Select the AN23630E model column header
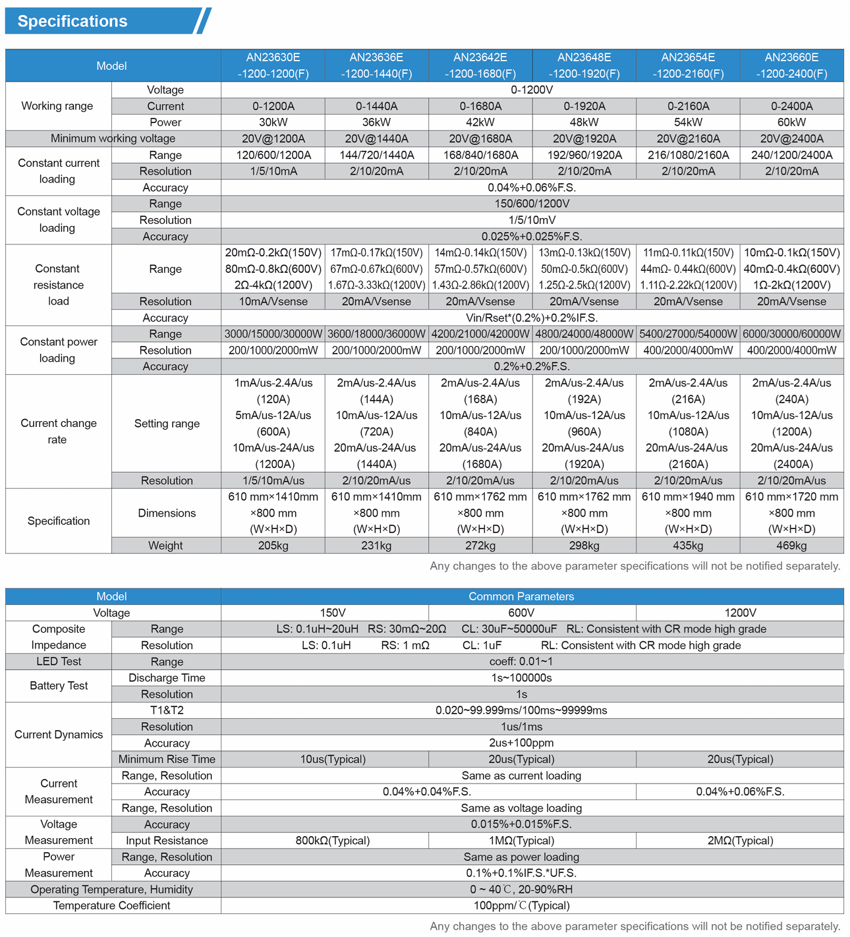tap(273, 65)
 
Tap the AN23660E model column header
tap(791, 65)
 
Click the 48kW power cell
tap(584, 122)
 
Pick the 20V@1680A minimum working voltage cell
tap(480, 138)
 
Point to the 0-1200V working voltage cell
tap(532, 90)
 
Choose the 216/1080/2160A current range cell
tap(688, 155)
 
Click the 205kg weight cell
tap(273, 546)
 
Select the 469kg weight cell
tap(791, 546)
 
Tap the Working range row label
tap(57, 106)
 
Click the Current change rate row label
tap(58, 431)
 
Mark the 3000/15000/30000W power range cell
tap(273, 334)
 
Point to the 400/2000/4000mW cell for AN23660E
tap(791, 351)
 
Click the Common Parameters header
tap(521, 596)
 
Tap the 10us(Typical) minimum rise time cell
tap(333, 759)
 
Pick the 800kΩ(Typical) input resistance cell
tap(333, 841)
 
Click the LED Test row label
tap(59, 662)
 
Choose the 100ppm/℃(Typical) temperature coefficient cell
tap(521, 905)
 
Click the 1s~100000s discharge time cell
tap(521, 678)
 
